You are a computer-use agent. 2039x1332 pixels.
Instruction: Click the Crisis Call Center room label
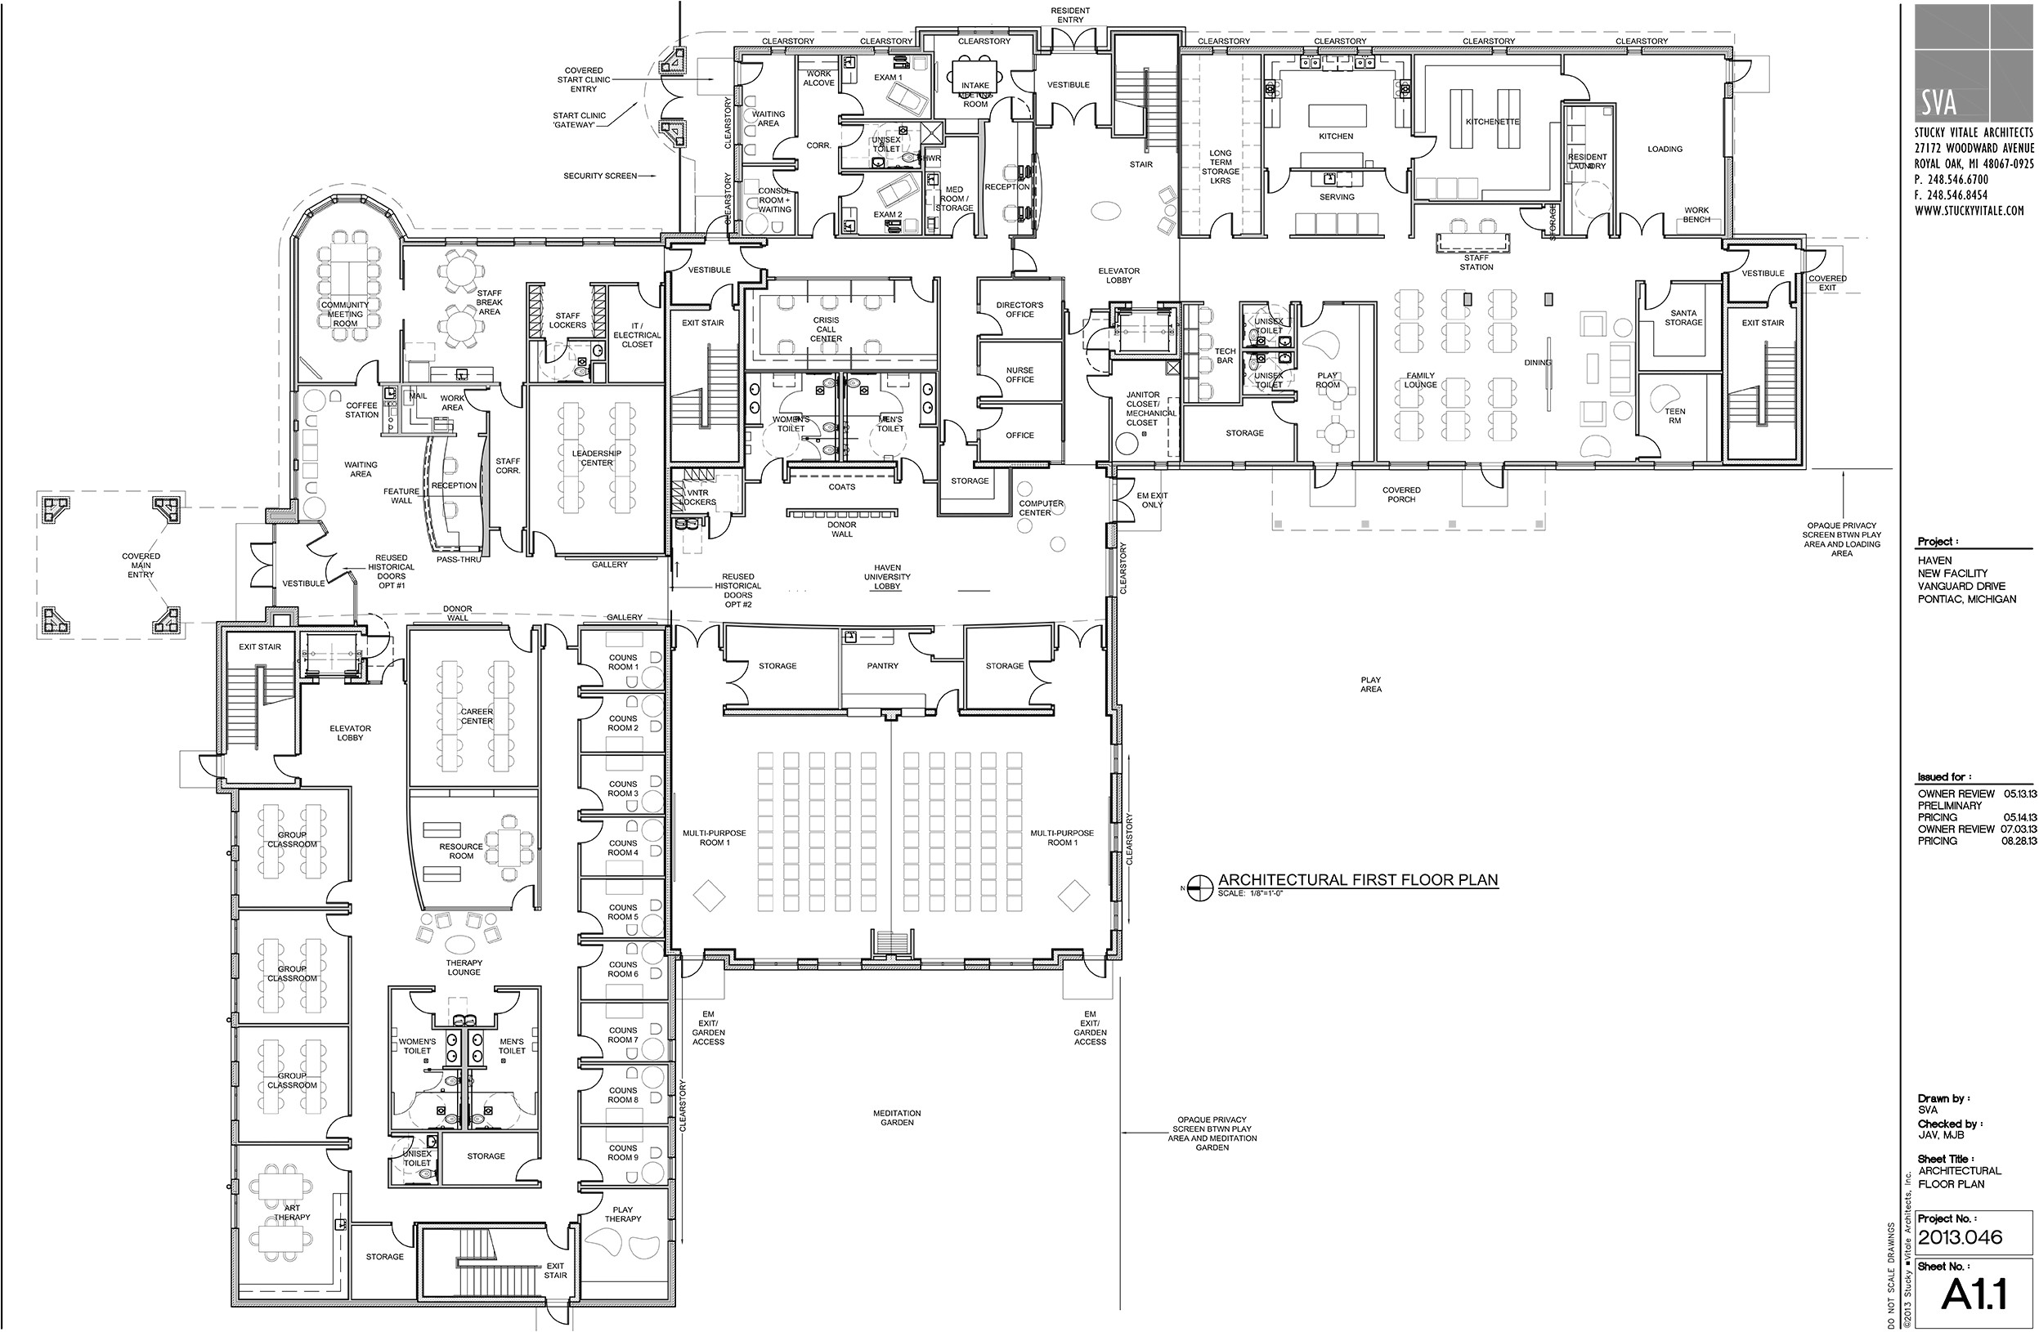[x=826, y=329]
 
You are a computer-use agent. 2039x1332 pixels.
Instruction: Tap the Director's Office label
[x=1020, y=309]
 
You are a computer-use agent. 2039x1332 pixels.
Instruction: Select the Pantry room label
[x=881, y=665]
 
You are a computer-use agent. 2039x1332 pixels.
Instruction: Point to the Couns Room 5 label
[x=623, y=911]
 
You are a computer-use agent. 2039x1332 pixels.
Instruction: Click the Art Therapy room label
[x=292, y=1212]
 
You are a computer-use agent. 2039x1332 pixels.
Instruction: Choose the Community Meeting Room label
[x=344, y=314]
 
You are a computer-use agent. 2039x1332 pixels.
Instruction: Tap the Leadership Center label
[x=596, y=458]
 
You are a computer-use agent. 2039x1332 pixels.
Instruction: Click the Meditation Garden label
[x=897, y=1117]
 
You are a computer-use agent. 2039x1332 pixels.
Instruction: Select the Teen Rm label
[x=1674, y=415]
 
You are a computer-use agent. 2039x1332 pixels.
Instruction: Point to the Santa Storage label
[x=1683, y=318]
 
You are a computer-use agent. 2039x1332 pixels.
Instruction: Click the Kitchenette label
[x=1491, y=122]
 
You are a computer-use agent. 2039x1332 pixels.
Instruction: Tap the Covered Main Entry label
[x=141, y=565]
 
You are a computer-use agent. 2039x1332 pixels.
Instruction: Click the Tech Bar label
[x=1224, y=355]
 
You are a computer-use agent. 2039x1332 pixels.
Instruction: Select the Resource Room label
[x=461, y=851]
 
